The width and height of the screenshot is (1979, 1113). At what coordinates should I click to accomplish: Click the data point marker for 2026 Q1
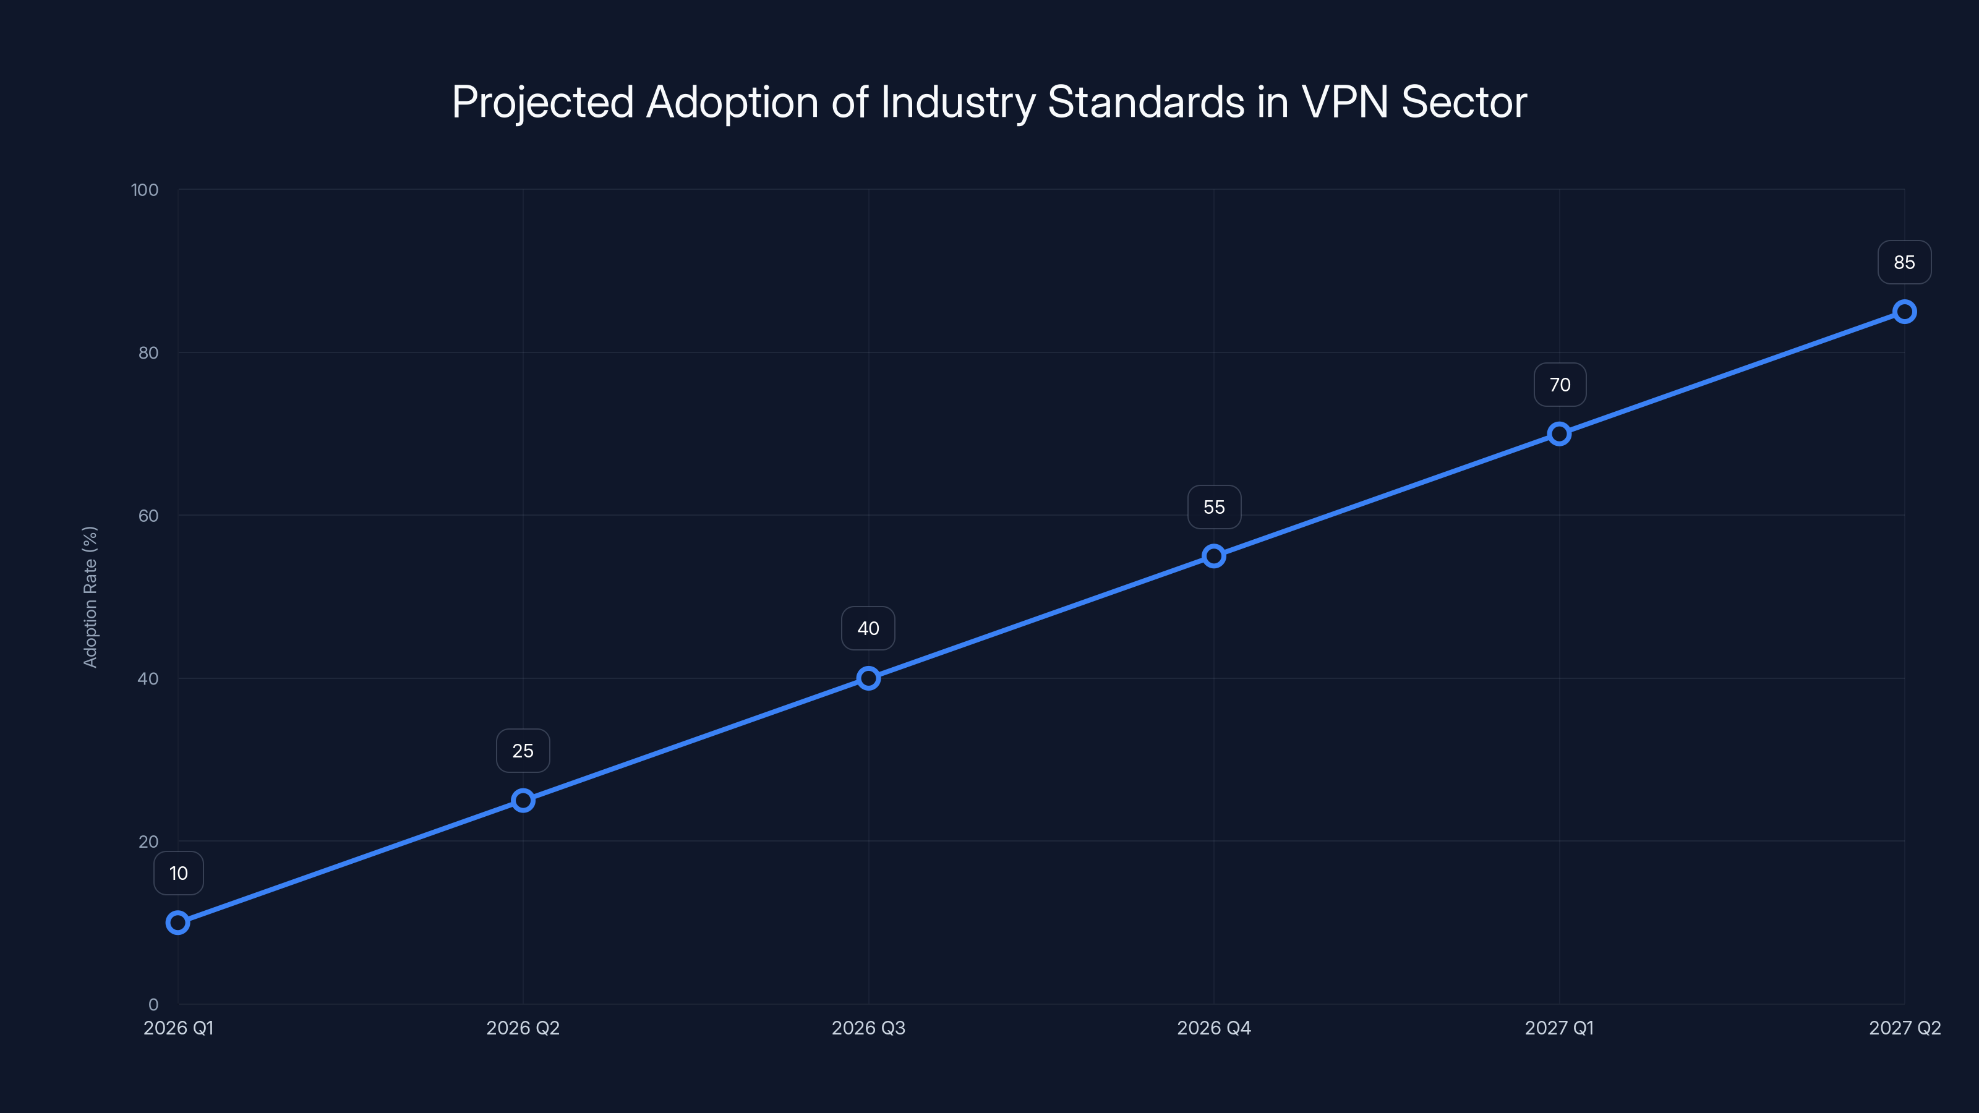(x=177, y=923)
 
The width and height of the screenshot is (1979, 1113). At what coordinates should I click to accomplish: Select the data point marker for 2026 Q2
(x=523, y=800)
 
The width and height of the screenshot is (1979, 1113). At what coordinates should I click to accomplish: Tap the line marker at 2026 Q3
(x=868, y=678)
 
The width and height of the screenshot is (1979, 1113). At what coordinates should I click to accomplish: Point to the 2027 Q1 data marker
(x=1558, y=434)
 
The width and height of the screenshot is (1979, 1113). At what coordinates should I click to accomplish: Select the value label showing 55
(x=1214, y=507)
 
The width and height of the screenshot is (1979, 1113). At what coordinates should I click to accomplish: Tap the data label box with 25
(x=523, y=751)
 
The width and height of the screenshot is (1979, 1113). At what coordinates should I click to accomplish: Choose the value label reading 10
(x=178, y=873)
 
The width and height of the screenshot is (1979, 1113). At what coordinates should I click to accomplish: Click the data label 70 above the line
(x=1560, y=385)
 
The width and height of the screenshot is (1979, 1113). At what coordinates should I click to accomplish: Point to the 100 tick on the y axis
(x=145, y=190)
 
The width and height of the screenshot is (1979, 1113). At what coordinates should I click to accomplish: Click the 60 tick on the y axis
(x=148, y=516)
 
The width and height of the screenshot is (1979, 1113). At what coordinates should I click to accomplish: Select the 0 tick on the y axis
(x=153, y=1004)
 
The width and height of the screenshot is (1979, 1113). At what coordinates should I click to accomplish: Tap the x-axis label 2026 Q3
(x=868, y=1028)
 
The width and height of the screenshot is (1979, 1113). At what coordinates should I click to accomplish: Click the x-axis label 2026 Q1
(x=178, y=1028)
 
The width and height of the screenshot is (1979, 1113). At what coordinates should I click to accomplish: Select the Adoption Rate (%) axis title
(x=90, y=597)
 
